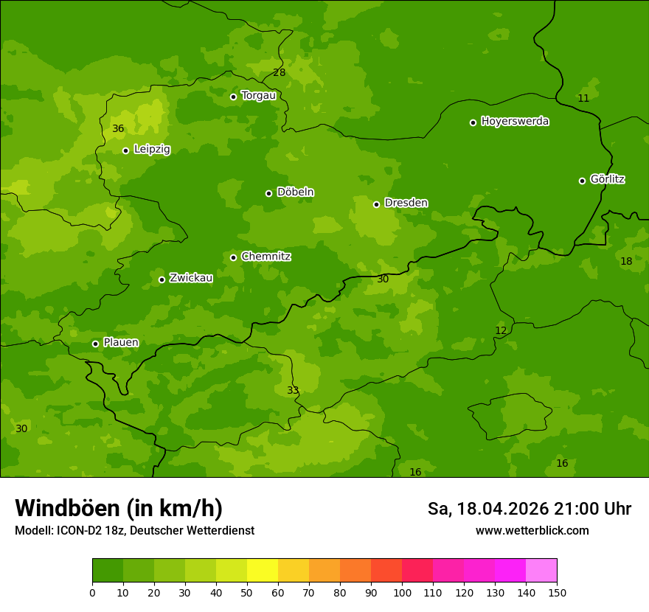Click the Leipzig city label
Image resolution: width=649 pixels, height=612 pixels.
[x=152, y=149]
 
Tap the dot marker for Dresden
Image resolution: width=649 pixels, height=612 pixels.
[x=376, y=204]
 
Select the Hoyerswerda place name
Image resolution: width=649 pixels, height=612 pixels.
[x=515, y=121]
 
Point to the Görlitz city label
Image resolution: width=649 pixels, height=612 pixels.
[x=608, y=179]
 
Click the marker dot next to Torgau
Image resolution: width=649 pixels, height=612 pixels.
[x=233, y=97]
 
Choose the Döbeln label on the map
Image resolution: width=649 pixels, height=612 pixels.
[x=295, y=192]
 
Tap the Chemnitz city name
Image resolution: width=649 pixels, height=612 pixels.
[x=265, y=257]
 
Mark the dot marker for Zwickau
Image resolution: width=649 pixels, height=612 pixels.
[x=162, y=279]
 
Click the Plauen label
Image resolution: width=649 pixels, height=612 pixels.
[x=121, y=342]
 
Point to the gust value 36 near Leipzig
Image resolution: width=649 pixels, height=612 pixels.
[x=118, y=129]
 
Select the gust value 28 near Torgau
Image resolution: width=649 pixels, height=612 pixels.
[x=279, y=72]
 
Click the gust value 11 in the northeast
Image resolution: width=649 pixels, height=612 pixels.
[x=583, y=98]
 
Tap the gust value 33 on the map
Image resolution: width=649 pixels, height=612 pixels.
[x=293, y=390]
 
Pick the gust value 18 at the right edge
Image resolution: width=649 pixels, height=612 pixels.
[x=626, y=261]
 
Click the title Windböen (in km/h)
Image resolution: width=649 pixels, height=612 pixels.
[x=119, y=508]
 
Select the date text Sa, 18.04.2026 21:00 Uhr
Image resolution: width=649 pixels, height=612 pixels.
[x=529, y=509]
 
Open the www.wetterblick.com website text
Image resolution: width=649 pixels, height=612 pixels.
[x=532, y=531]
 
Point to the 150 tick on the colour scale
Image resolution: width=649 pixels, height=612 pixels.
[x=557, y=592]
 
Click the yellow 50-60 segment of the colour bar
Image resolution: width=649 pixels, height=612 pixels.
[x=263, y=571]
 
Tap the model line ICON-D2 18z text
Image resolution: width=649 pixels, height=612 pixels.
[x=134, y=531]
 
